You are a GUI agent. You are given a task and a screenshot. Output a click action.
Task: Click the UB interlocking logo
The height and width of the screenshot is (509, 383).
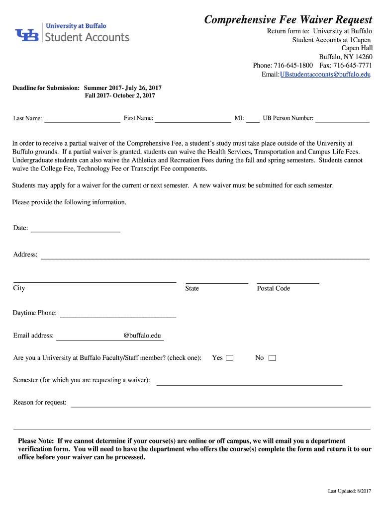(27, 35)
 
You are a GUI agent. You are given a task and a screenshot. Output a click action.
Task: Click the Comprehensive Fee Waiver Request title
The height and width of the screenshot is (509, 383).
(288, 20)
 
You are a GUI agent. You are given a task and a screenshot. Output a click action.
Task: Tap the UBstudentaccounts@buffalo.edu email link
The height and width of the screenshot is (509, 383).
(325, 75)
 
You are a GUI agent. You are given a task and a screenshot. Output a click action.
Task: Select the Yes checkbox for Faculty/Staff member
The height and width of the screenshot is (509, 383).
(229, 358)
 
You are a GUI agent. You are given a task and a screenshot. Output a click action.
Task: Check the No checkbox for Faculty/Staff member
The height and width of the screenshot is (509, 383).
(272, 358)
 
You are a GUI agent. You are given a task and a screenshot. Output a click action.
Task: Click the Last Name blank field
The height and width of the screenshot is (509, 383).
(82, 118)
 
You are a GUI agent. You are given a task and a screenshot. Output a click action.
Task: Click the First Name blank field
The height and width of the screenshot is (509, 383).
(193, 118)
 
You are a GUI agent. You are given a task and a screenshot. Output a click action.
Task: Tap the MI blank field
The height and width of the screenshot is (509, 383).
(253, 118)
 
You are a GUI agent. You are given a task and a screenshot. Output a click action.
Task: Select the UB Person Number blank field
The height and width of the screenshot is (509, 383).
(343, 118)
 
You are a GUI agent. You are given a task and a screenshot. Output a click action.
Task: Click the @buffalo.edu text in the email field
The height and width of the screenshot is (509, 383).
(142, 336)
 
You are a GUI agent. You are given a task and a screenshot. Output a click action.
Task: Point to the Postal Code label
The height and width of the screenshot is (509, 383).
(274, 288)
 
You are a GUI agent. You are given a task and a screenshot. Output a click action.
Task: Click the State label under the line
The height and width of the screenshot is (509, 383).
(192, 288)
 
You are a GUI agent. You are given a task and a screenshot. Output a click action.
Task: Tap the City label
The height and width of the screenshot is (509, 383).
(19, 288)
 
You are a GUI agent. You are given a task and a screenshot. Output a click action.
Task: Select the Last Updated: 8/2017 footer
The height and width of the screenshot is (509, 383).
(349, 491)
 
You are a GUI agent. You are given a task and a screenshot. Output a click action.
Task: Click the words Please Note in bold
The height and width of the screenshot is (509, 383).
(36, 441)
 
